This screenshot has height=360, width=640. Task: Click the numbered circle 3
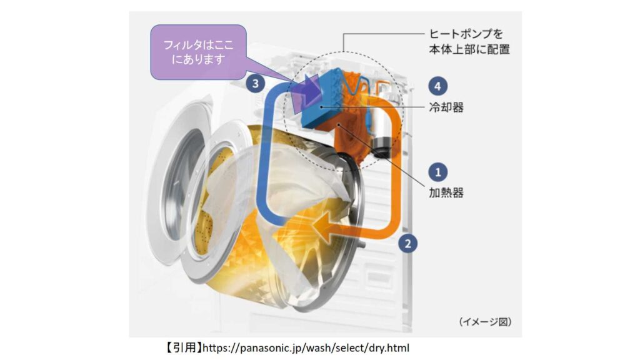coord(256,84)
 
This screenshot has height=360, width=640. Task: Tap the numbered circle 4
coord(438,86)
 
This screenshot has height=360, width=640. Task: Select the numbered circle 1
coord(438,172)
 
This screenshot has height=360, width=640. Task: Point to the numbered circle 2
coord(407,244)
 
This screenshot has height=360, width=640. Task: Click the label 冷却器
coord(446,107)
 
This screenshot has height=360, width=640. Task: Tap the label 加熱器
coord(446,192)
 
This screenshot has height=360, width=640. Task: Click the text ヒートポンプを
coord(466,34)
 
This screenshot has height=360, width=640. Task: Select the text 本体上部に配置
coord(469,49)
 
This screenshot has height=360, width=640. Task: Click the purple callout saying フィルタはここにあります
coord(198,52)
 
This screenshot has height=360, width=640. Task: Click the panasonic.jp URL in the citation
coord(306,347)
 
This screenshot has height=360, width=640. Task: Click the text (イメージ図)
coord(485,322)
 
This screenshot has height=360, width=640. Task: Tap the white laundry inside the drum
coord(282,192)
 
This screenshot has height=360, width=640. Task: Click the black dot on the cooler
coord(322,107)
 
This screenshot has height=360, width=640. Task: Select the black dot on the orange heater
coord(339,124)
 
